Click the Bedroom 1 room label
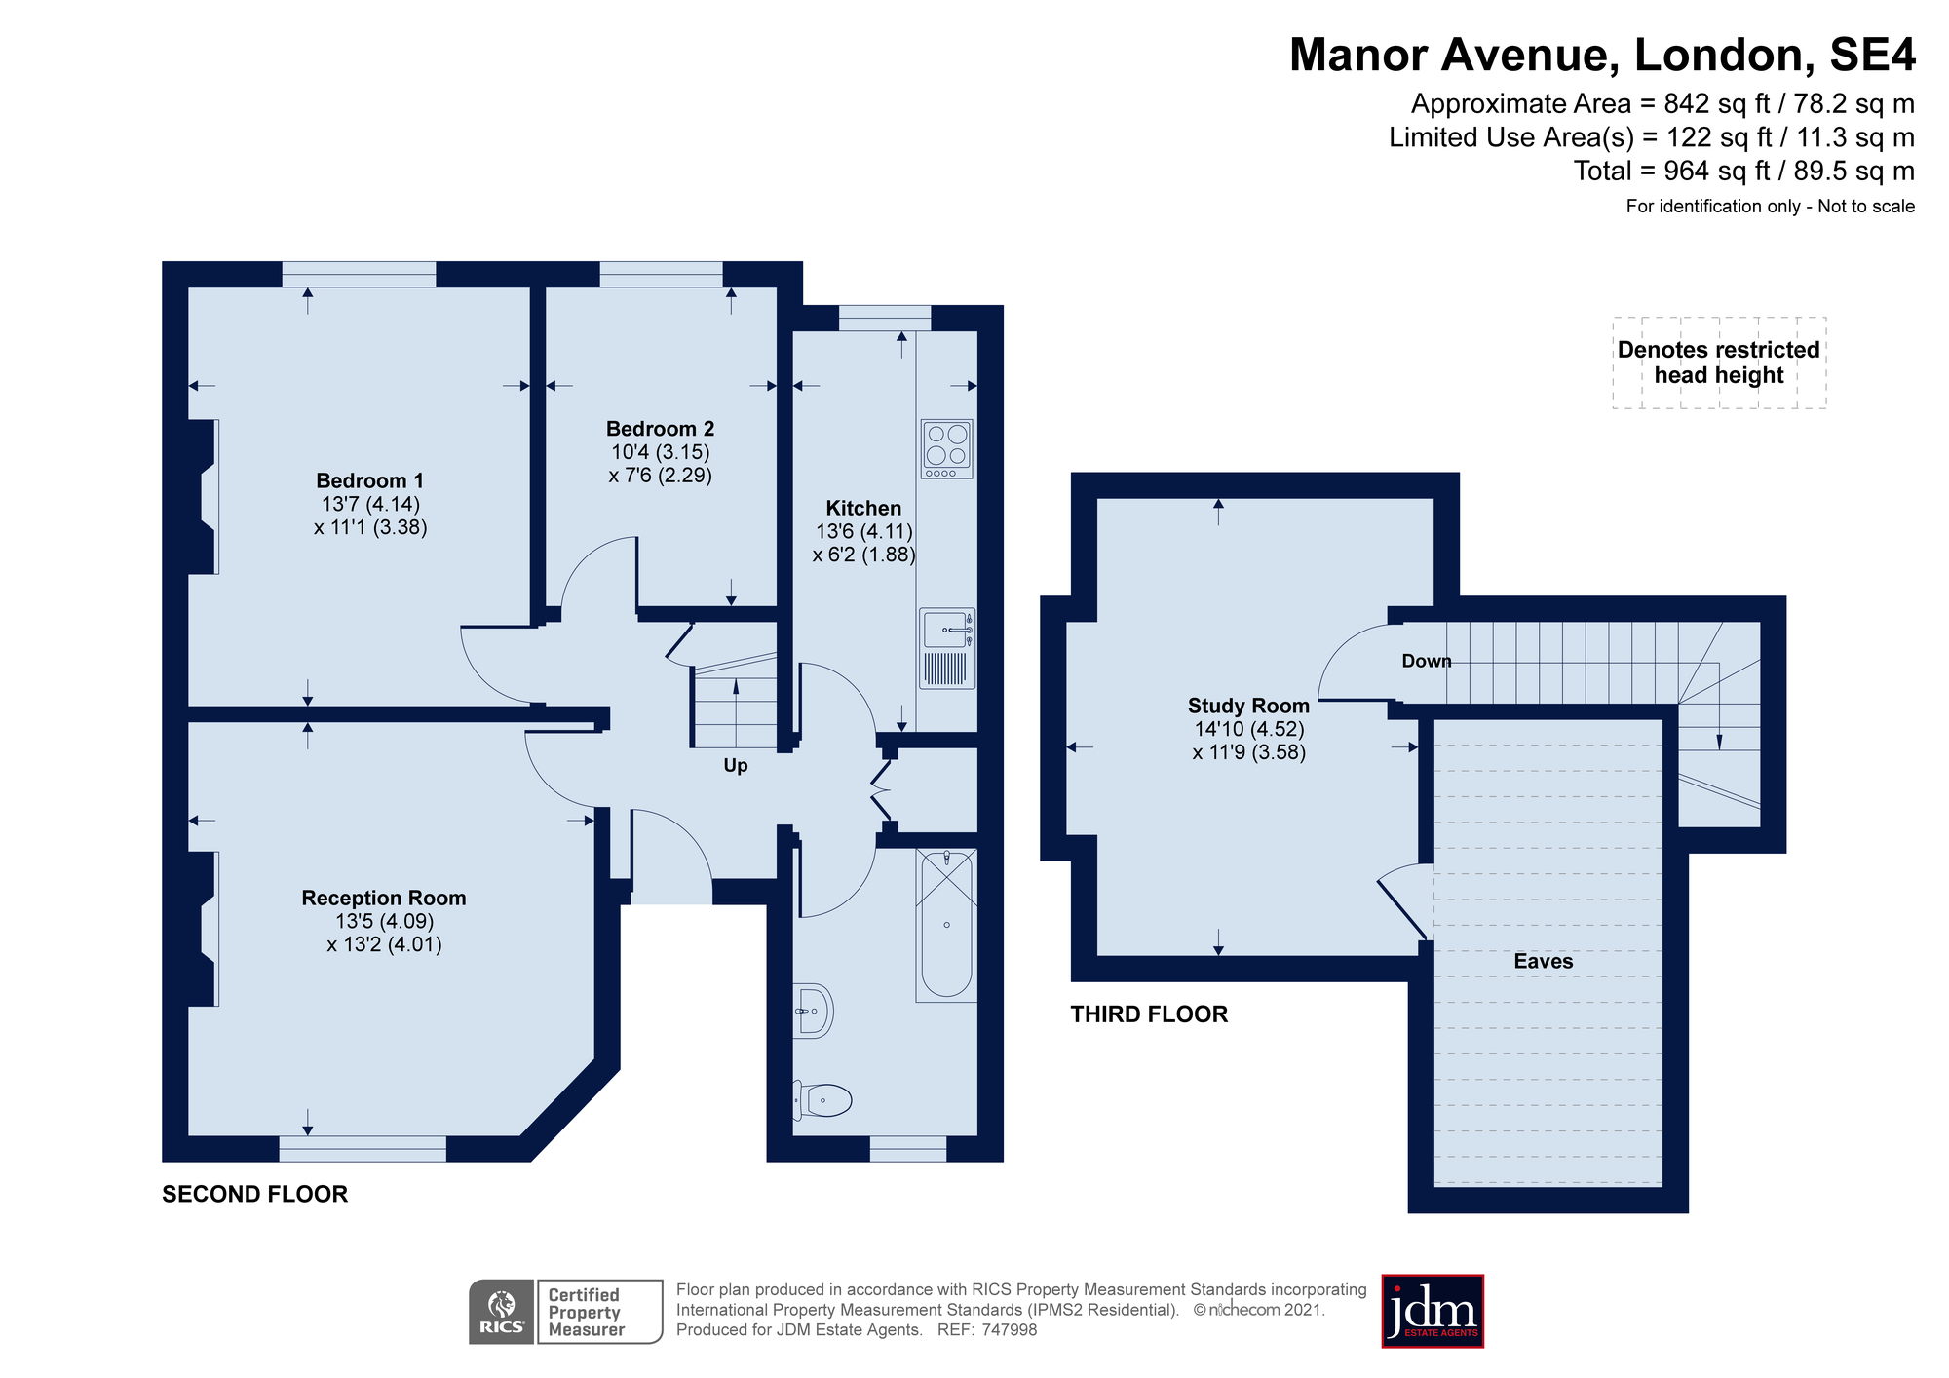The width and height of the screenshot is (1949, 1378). tap(370, 480)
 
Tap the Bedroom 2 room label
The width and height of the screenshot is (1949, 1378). tap(660, 429)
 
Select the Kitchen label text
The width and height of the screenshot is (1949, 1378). tap(863, 508)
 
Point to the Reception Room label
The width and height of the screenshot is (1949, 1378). tap(384, 898)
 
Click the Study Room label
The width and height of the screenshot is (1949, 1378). tap(1248, 706)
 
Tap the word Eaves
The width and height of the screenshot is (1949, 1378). tap(1544, 961)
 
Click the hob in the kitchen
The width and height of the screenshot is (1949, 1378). tap(947, 448)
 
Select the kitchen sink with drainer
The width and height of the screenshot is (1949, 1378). tap(947, 648)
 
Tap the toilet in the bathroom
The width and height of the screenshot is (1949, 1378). tap(822, 1100)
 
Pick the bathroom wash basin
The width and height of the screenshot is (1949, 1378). tap(813, 1011)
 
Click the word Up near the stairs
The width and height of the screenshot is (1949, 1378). tap(736, 766)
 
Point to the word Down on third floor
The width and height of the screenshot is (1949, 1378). tap(1427, 661)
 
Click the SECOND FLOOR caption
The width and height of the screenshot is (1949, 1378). tap(254, 1194)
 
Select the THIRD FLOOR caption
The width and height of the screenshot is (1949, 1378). tap(1149, 1014)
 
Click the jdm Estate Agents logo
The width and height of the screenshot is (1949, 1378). tap(1433, 1311)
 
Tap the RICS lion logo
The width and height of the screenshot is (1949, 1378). tap(501, 1312)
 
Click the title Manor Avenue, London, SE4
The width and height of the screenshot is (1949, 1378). tap(1602, 55)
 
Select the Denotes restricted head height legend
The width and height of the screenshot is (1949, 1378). tap(1719, 363)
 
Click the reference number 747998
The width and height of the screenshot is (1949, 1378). tap(1010, 1330)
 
